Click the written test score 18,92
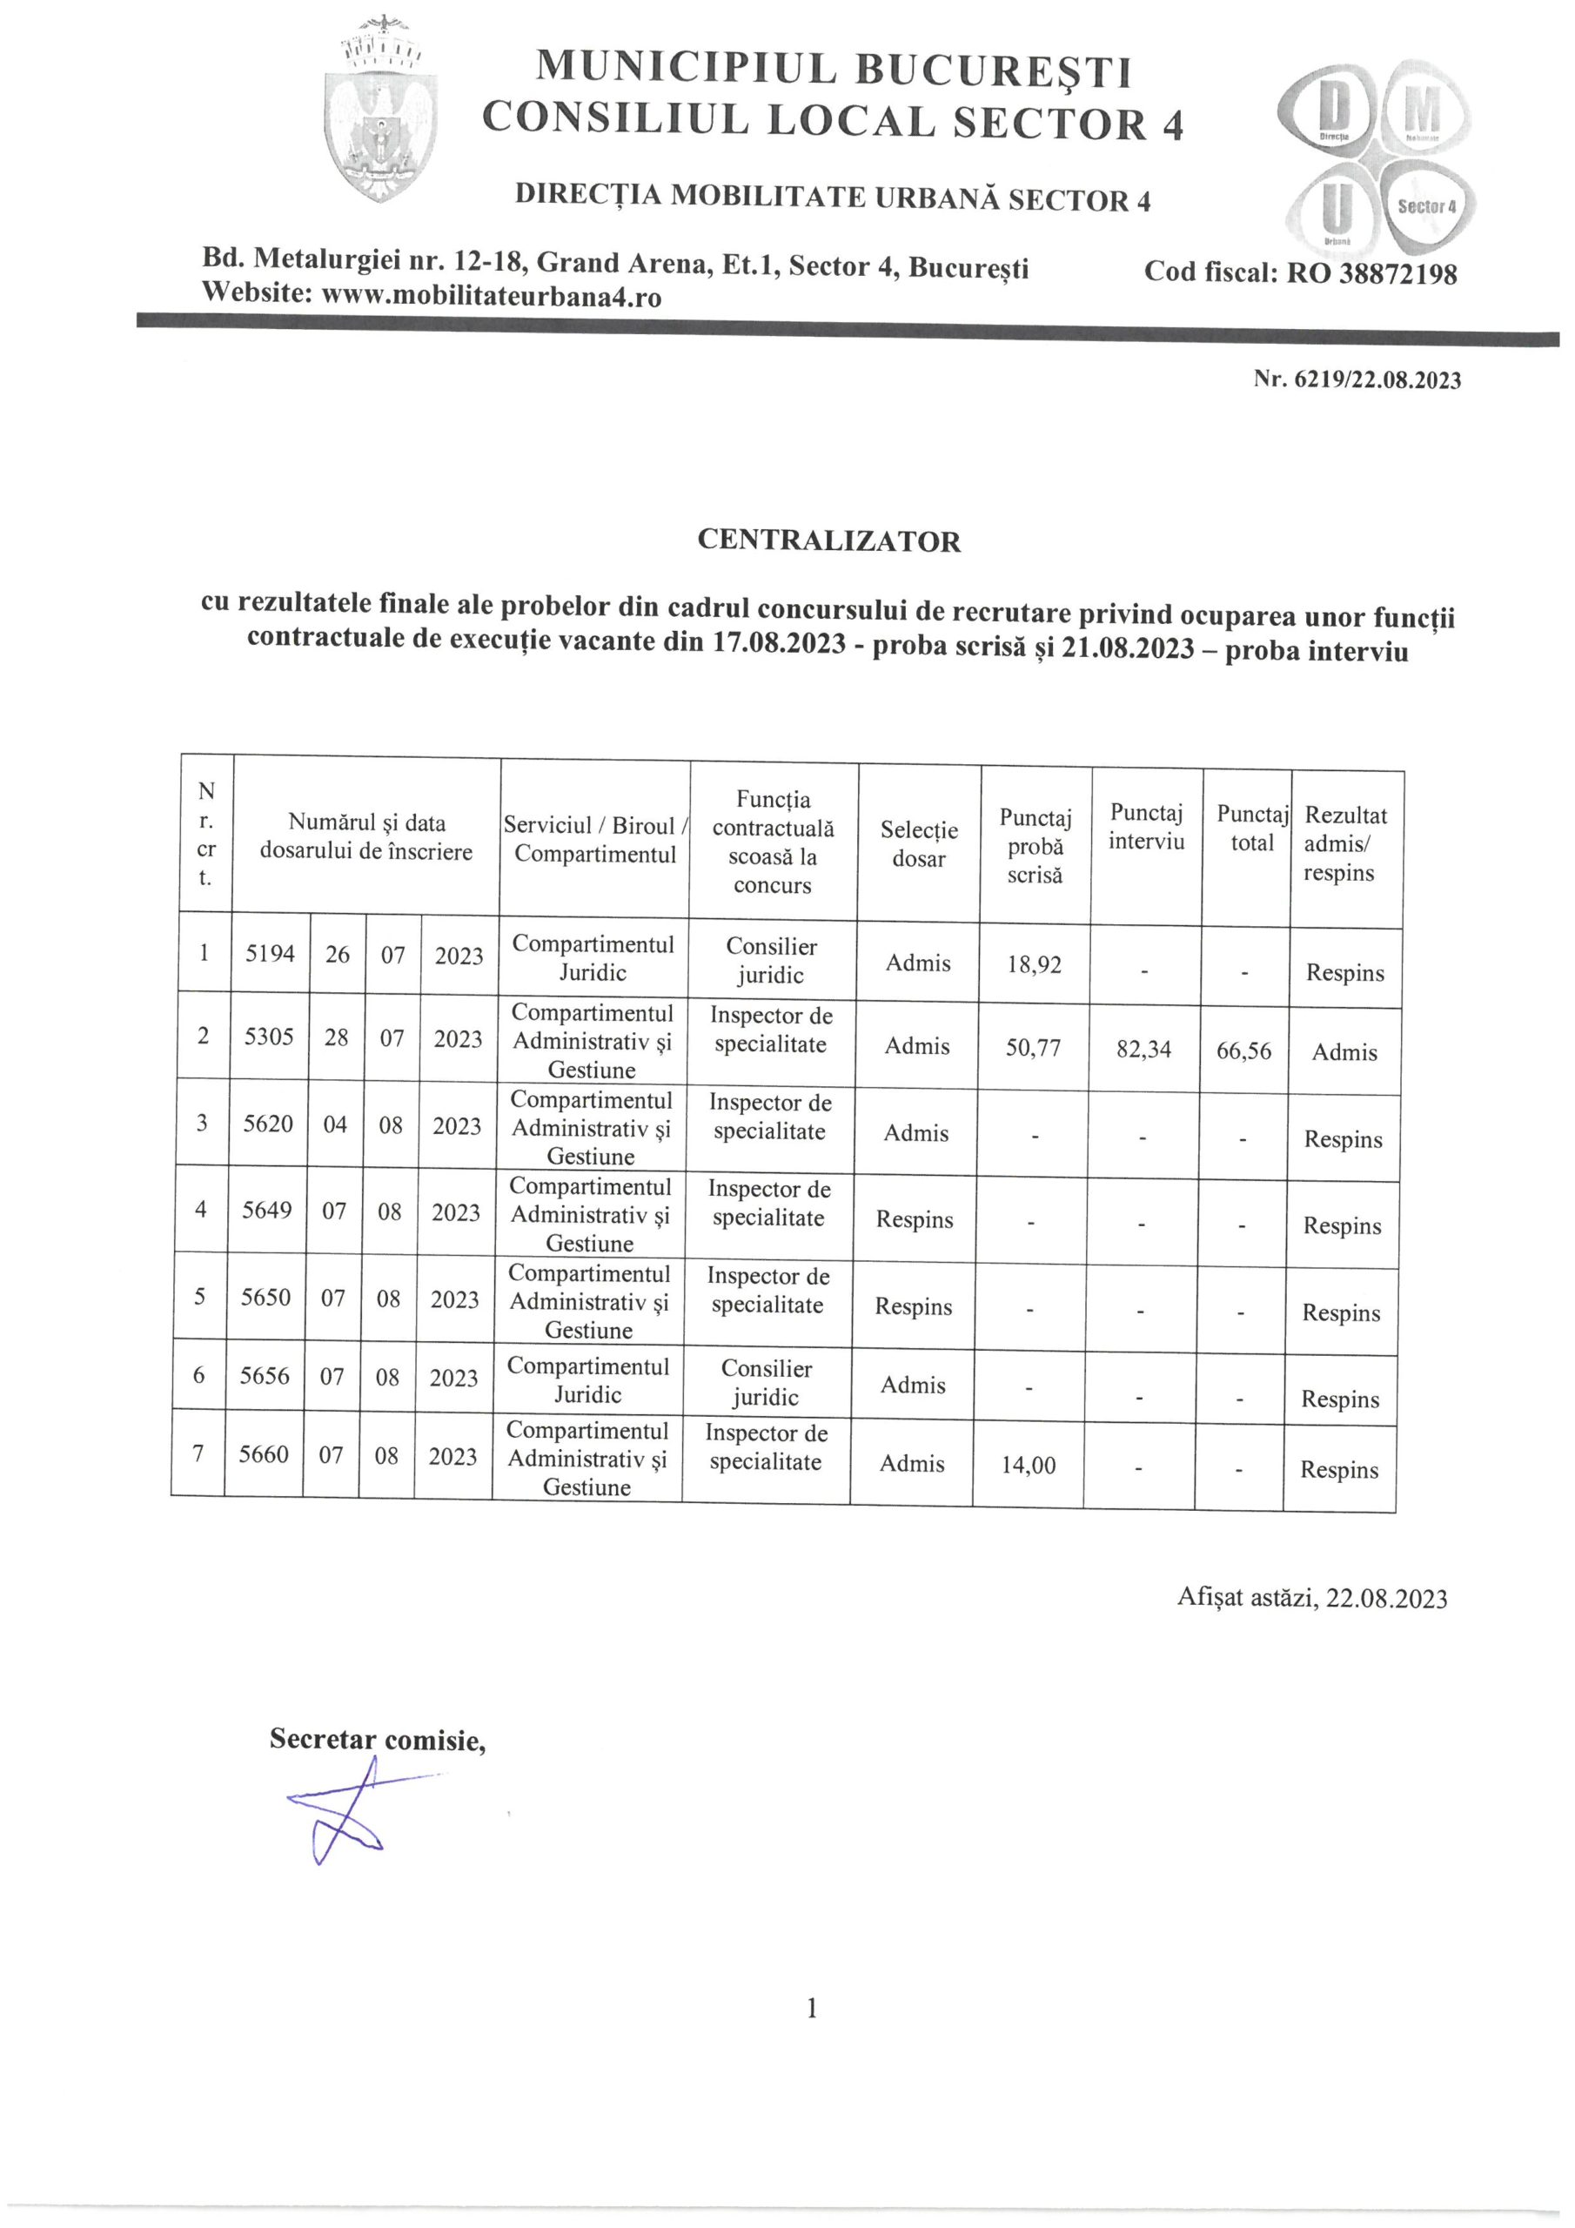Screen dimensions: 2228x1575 pos(1034,964)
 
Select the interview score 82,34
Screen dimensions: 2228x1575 pos(1143,1049)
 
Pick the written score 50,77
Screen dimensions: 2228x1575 pos(1033,1048)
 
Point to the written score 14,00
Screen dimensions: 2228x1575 pos(1028,1466)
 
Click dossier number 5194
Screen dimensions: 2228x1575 pos(270,954)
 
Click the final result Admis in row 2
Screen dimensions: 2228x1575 pos(1344,1053)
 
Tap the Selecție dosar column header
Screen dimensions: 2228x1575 pos(918,844)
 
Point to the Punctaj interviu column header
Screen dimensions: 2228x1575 pos(1147,827)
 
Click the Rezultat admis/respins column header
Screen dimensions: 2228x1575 pos(1345,843)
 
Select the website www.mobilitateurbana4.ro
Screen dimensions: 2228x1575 pos(491,296)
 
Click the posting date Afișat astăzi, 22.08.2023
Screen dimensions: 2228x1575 pos(1311,1598)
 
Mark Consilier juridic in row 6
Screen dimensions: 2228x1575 pos(766,1383)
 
